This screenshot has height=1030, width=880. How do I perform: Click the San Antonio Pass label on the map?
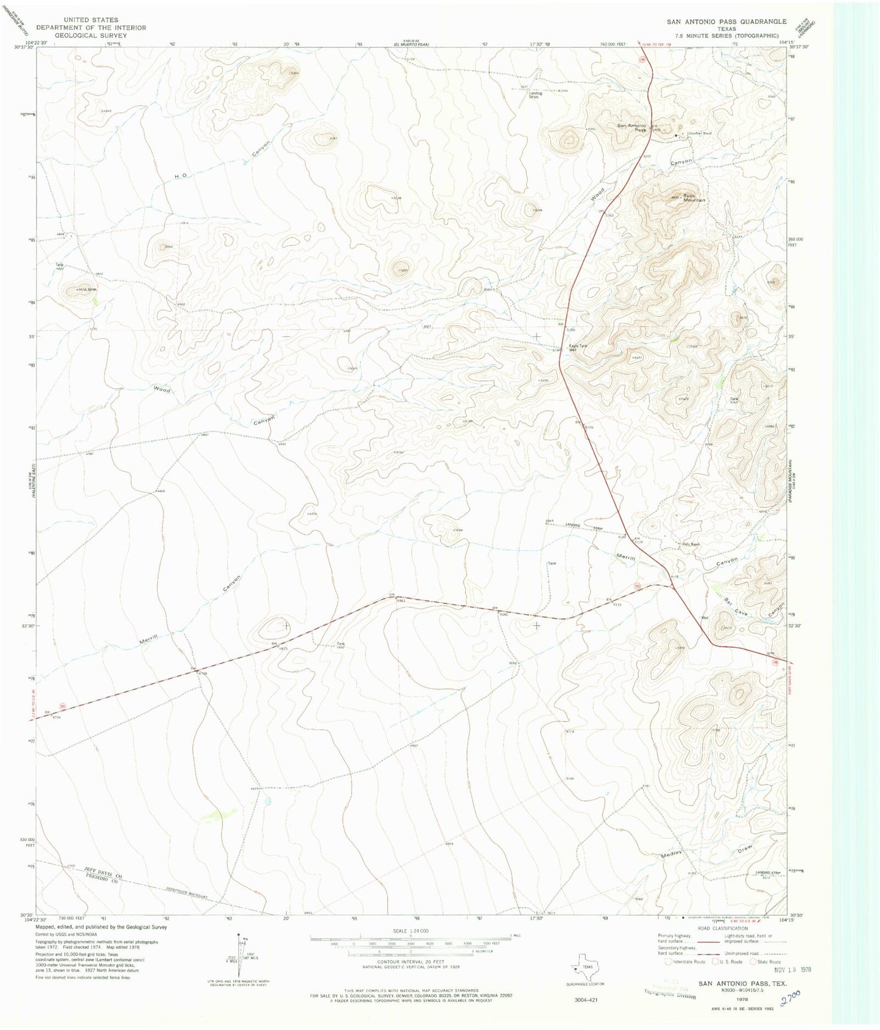tap(632, 127)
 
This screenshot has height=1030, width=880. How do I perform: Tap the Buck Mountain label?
tap(694, 197)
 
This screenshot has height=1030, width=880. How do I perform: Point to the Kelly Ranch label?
tap(691, 544)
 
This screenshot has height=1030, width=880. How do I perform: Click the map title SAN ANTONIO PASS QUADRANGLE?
tap(726, 21)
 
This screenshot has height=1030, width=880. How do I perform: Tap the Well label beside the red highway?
tap(705, 617)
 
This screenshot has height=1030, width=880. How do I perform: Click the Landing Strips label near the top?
tap(535, 95)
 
